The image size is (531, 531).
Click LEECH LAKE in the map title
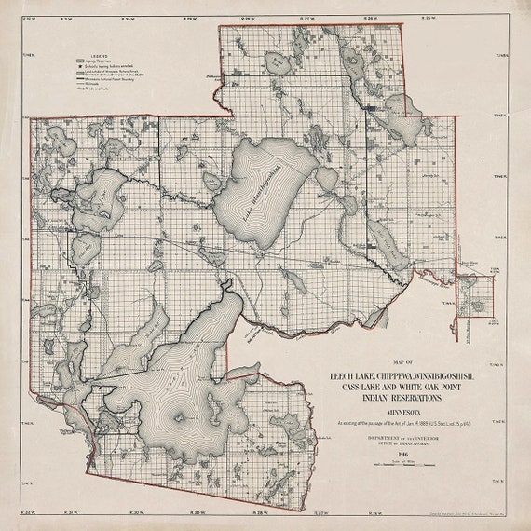(x=346, y=376)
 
